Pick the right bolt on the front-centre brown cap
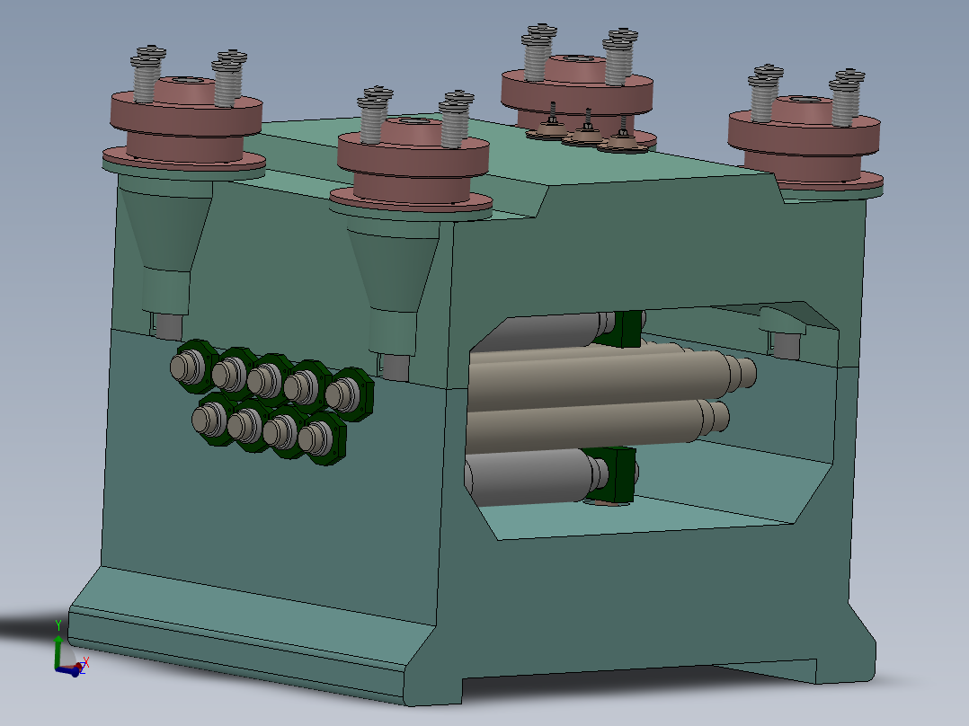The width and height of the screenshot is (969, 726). tap(455, 120)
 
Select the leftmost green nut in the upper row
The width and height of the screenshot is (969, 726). tap(191, 366)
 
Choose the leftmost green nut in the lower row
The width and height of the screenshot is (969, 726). tap(214, 418)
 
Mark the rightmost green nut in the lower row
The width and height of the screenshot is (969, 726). tap(321, 439)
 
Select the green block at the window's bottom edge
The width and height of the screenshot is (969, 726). tap(615, 474)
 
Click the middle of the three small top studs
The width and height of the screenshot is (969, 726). tap(587, 128)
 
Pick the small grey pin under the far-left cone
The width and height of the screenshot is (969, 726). tap(164, 324)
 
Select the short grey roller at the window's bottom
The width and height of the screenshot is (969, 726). tap(530, 473)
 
